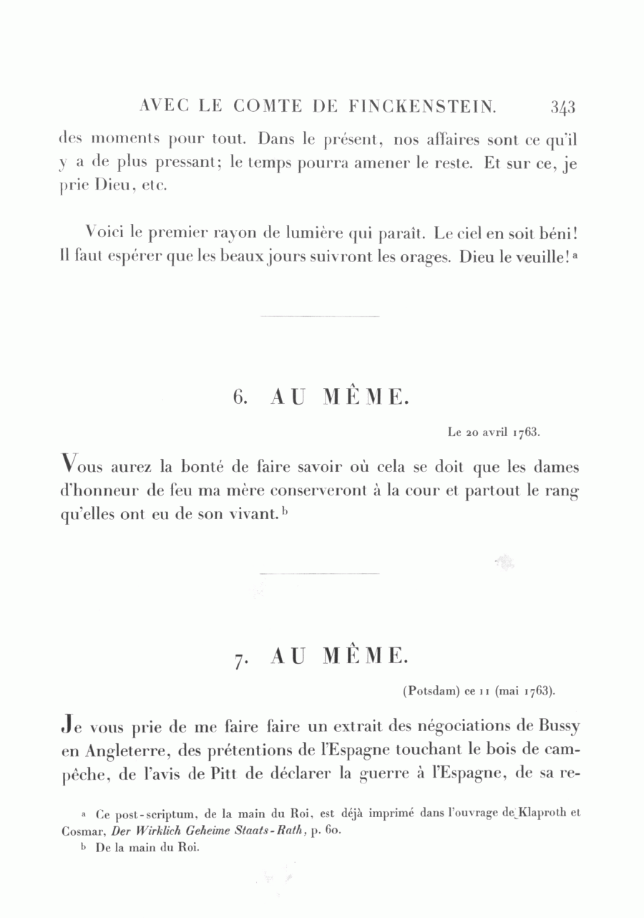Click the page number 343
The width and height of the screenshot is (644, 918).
[563, 107]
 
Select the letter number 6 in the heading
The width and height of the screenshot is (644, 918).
[240, 397]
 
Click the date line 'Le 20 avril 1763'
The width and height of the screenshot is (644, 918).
[493, 433]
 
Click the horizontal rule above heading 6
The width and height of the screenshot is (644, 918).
[319, 316]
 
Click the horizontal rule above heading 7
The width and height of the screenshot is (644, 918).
[319, 573]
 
